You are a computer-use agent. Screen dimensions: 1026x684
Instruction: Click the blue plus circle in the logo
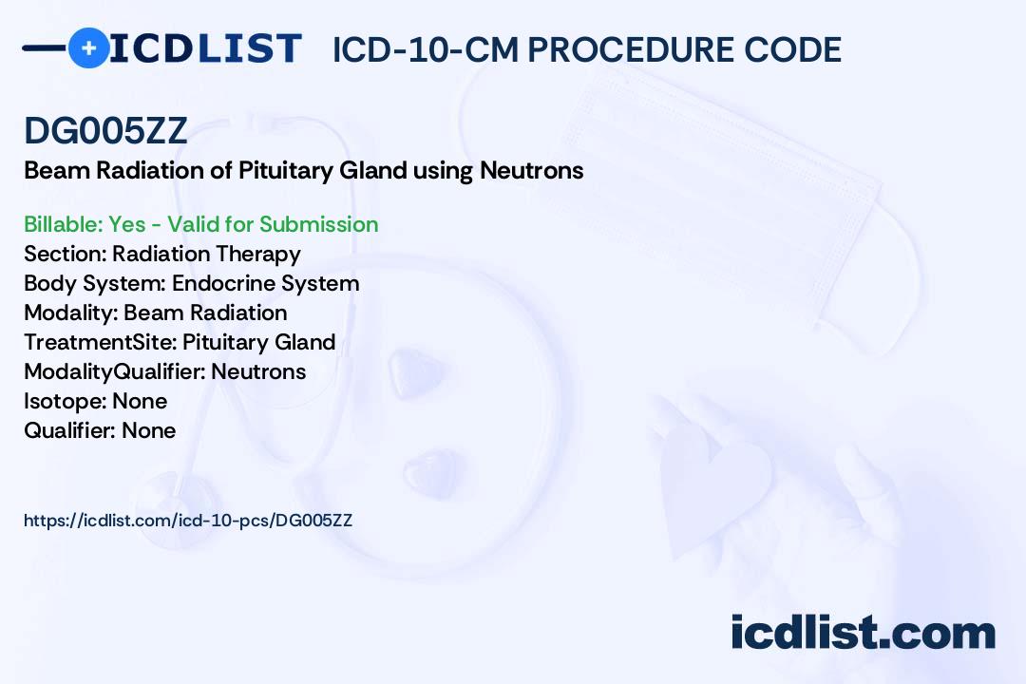pos(88,47)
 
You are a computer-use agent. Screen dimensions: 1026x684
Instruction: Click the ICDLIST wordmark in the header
pos(205,48)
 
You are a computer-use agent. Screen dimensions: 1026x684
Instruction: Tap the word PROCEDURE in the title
pos(631,49)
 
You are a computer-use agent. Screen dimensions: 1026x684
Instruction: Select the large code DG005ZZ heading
pos(105,130)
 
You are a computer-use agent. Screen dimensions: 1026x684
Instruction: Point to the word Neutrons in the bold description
pos(531,171)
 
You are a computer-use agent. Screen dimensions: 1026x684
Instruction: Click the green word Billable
pos(62,224)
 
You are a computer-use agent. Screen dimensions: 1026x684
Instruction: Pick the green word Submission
pos(318,224)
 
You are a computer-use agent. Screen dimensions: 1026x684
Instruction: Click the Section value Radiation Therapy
pos(206,254)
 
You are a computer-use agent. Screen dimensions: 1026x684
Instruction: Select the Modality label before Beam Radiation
pos(70,313)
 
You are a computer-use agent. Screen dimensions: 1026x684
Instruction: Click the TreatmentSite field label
pos(100,342)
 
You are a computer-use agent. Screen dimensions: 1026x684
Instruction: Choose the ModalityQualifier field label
pos(115,371)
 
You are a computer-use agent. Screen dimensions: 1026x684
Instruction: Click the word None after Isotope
pos(140,401)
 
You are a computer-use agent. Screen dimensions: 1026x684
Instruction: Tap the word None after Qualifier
pos(148,430)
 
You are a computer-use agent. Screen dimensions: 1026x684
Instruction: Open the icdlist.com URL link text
pos(188,521)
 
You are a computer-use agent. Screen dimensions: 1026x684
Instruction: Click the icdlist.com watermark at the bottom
pos(863,633)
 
